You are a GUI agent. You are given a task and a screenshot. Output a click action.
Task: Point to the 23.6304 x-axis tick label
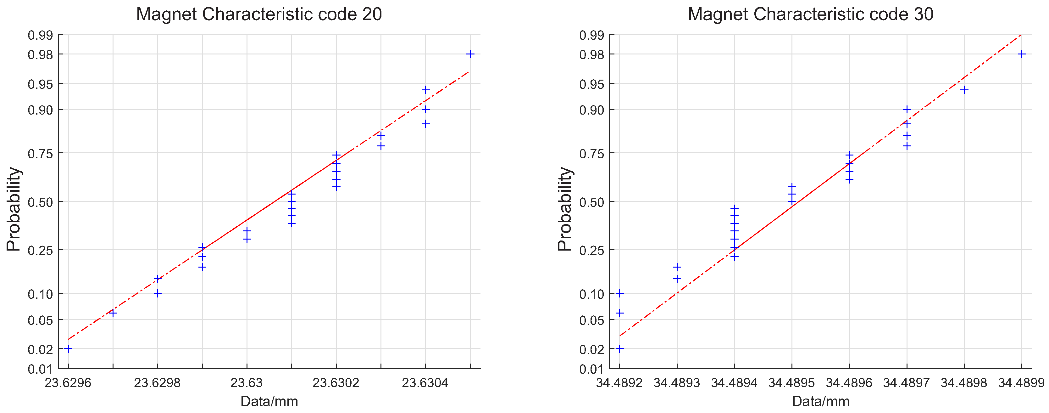[425, 383]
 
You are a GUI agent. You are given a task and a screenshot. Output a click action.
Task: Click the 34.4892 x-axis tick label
[619, 383]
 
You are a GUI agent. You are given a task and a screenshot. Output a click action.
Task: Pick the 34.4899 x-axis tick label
[1021, 383]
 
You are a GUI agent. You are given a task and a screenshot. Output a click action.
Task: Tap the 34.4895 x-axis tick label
[792, 383]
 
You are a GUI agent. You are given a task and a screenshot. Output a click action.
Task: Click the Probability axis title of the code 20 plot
[14, 209]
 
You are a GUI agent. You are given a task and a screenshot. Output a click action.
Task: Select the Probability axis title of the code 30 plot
[565, 209]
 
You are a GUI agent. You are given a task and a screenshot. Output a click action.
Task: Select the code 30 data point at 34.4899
[1021, 54]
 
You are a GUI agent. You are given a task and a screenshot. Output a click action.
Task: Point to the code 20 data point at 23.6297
[113, 313]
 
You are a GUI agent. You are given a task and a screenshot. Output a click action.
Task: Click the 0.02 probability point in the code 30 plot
[619, 348]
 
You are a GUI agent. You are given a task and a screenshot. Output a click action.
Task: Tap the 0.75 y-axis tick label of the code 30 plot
[592, 154]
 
